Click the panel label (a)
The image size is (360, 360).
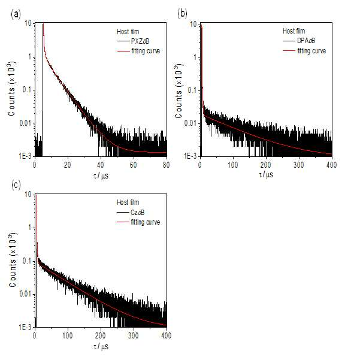click(x=16, y=14)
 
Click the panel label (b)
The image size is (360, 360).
click(x=182, y=14)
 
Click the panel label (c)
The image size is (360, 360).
click(x=16, y=184)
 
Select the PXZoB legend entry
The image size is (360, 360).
click(x=140, y=41)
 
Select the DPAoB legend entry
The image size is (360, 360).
click(x=306, y=41)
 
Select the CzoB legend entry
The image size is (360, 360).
click(x=138, y=213)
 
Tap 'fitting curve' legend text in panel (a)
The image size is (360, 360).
click(x=146, y=51)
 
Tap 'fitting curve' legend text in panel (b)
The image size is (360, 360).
click(x=311, y=50)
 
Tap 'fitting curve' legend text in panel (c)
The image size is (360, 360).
click(x=146, y=222)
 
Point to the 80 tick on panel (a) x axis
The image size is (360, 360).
click(x=167, y=165)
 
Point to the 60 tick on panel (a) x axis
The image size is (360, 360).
click(x=134, y=165)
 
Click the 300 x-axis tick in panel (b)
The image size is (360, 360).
click(x=299, y=165)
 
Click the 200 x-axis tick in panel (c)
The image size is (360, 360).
click(x=100, y=335)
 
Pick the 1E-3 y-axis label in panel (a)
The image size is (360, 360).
click(x=25, y=156)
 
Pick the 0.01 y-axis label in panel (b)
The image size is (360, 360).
click(x=190, y=123)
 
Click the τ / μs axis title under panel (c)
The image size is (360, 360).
click(x=101, y=346)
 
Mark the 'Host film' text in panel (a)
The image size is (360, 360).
click(x=128, y=32)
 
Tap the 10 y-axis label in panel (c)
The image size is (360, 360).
click(x=28, y=195)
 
